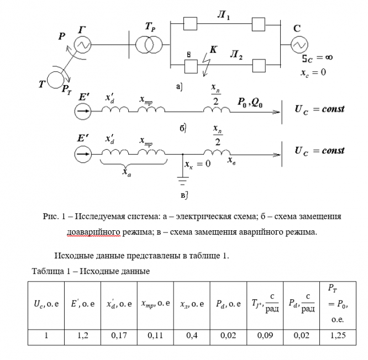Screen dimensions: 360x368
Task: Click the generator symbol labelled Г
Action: [83, 45]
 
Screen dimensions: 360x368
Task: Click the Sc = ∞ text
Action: [317, 57]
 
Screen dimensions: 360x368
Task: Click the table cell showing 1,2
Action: [83, 335]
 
